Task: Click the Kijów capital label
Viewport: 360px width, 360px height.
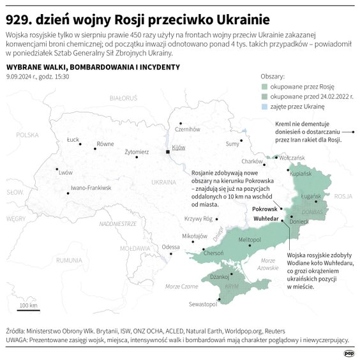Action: point(178,147)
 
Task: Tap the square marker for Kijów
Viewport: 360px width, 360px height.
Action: point(167,152)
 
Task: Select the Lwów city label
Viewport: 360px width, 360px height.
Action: point(65,172)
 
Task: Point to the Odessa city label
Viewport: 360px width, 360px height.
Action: point(170,247)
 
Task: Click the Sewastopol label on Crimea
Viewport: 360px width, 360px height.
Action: point(204,304)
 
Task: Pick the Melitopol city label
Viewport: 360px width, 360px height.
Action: point(250,239)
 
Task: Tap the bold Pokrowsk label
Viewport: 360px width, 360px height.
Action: point(265,209)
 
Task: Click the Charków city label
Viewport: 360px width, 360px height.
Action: point(253,161)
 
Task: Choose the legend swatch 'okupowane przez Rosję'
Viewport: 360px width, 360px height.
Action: point(266,85)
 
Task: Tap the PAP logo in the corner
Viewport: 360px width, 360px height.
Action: point(349,352)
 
